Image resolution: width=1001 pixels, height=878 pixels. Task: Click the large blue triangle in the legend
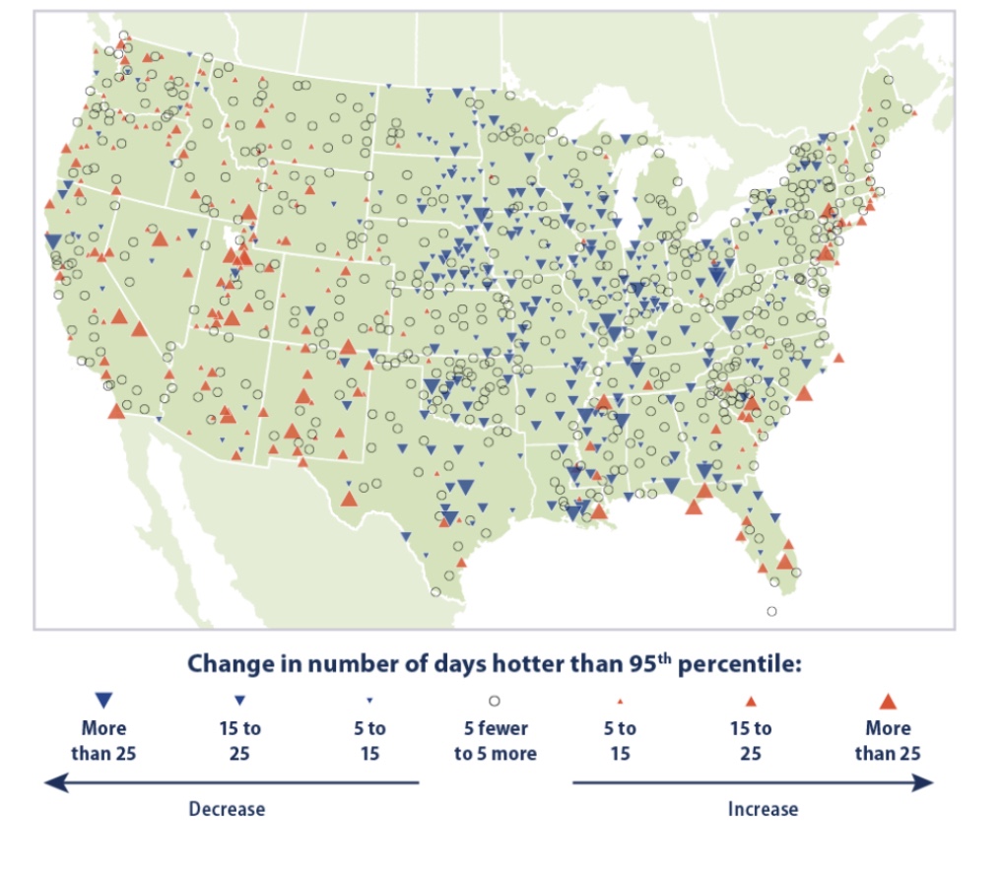(103, 701)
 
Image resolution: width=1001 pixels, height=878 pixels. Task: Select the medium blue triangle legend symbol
(237, 701)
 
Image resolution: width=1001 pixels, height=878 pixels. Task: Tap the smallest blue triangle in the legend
(369, 701)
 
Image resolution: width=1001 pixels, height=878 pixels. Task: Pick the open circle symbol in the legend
(495, 701)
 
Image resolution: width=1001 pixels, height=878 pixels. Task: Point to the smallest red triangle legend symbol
(620, 702)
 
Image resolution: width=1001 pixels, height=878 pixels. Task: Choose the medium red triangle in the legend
(751, 702)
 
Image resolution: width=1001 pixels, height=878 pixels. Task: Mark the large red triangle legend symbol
(888, 702)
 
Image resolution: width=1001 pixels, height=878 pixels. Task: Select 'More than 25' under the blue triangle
(103, 741)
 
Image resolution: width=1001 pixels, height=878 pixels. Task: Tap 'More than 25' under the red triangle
(888, 741)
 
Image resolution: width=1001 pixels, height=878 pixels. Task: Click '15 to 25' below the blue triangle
(237, 741)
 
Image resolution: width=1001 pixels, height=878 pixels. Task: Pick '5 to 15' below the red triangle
(620, 741)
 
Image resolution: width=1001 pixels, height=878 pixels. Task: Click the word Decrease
(227, 809)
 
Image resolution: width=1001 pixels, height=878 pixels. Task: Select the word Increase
(763, 809)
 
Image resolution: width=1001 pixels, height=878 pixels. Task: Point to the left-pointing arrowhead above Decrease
(55, 782)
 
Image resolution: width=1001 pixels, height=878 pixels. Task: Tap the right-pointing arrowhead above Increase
(923, 782)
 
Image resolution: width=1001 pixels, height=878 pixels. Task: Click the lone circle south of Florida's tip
(771, 611)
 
